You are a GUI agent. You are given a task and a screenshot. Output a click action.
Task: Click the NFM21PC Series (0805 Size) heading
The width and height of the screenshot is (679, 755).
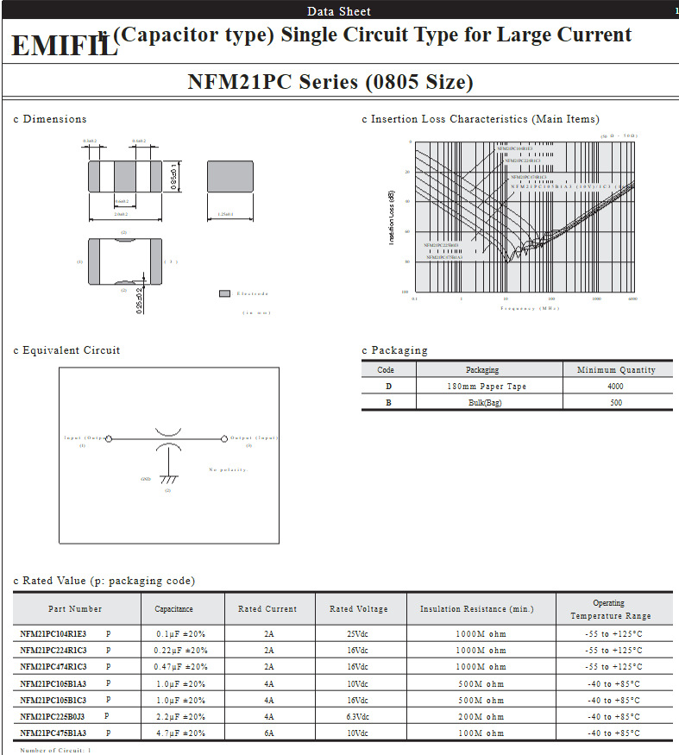coord(330,82)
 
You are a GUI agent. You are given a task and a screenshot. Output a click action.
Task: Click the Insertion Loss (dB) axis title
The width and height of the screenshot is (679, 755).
coord(392,217)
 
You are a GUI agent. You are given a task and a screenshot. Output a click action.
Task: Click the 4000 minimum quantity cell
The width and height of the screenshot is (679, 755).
coord(616,387)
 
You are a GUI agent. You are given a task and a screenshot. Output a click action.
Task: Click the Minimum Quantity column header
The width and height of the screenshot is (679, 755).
coord(616,369)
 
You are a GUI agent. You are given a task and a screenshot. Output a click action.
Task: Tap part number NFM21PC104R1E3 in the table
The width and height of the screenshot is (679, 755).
coord(53,633)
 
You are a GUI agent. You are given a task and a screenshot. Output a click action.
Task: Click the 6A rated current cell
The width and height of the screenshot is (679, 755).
coord(269,733)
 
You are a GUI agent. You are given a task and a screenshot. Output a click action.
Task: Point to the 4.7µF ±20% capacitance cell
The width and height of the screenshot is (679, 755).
coord(180,733)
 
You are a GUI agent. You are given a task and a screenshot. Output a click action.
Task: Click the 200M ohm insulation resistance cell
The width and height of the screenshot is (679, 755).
coord(481,716)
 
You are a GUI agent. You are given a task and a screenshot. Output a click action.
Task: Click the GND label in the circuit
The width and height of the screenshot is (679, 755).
coord(146,479)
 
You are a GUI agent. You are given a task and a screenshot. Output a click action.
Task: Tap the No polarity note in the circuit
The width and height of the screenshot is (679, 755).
coord(228,469)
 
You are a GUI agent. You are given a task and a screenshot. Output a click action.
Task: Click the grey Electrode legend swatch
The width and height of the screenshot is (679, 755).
coord(224,293)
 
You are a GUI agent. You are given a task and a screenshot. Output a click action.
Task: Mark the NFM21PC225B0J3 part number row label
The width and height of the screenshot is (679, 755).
coord(53,716)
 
